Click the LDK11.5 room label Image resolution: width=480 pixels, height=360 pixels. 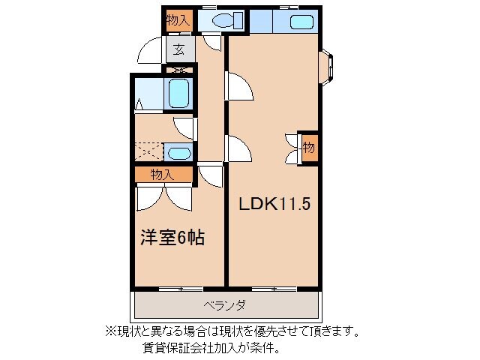coord(274,203)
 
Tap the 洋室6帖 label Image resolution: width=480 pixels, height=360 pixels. coord(172,238)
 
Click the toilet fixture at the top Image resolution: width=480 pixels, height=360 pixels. coord(224,21)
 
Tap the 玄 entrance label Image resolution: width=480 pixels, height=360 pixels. coord(179,50)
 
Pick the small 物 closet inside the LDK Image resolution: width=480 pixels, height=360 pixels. coord(308,148)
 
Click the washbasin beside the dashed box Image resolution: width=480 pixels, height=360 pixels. coord(178,153)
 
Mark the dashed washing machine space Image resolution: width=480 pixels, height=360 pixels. coord(148,151)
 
